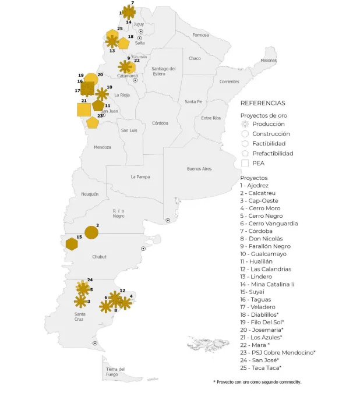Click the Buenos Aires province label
[x=199, y=169]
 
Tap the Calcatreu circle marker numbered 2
[x=91, y=232]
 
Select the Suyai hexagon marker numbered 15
[x=72, y=244]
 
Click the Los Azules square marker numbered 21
[x=84, y=109]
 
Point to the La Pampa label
[x=140, y=176]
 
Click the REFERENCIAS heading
[x=263, y=101]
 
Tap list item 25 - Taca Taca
[x=261, y=368]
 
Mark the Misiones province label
[x=269, y=61]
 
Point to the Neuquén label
[x=90, y=194]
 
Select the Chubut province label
[x=100, y=256]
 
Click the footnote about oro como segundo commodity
[x=257, y=382]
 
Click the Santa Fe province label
[x=193, y=101]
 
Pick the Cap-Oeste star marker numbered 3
[x=80, y=301]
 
